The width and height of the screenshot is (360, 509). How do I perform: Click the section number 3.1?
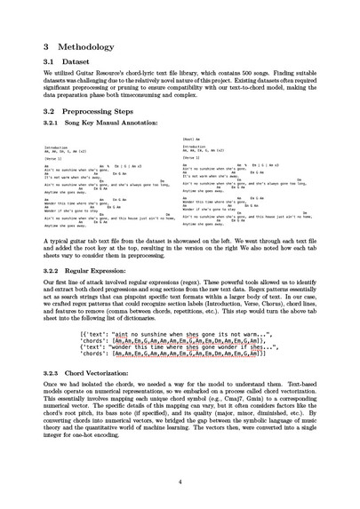[50, 62]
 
